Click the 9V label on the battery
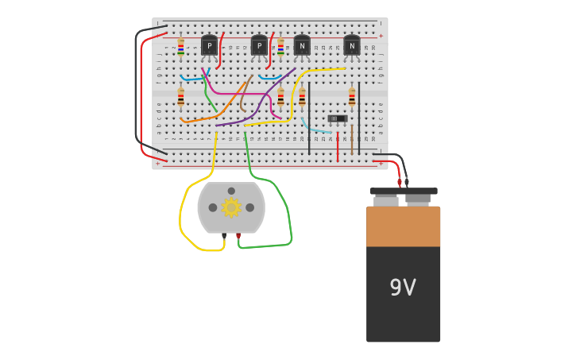(x=403, y=288)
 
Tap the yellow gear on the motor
(x=231, y=207)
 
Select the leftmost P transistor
(x=209, y=46)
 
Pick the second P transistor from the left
(x=259, y=46)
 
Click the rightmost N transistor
(x=351, y=46)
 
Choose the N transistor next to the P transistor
(x=302, y=46)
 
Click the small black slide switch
(x=338, y=118)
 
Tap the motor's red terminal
(x=238, y=236)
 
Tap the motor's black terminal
(x=224, y=236)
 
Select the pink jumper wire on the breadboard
(x=230, y=93)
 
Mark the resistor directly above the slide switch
(x=352, y=97)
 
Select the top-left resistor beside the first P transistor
(x=181, y=48)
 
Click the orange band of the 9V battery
(x=403, y=226)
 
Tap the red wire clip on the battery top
(x=400, y=183)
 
